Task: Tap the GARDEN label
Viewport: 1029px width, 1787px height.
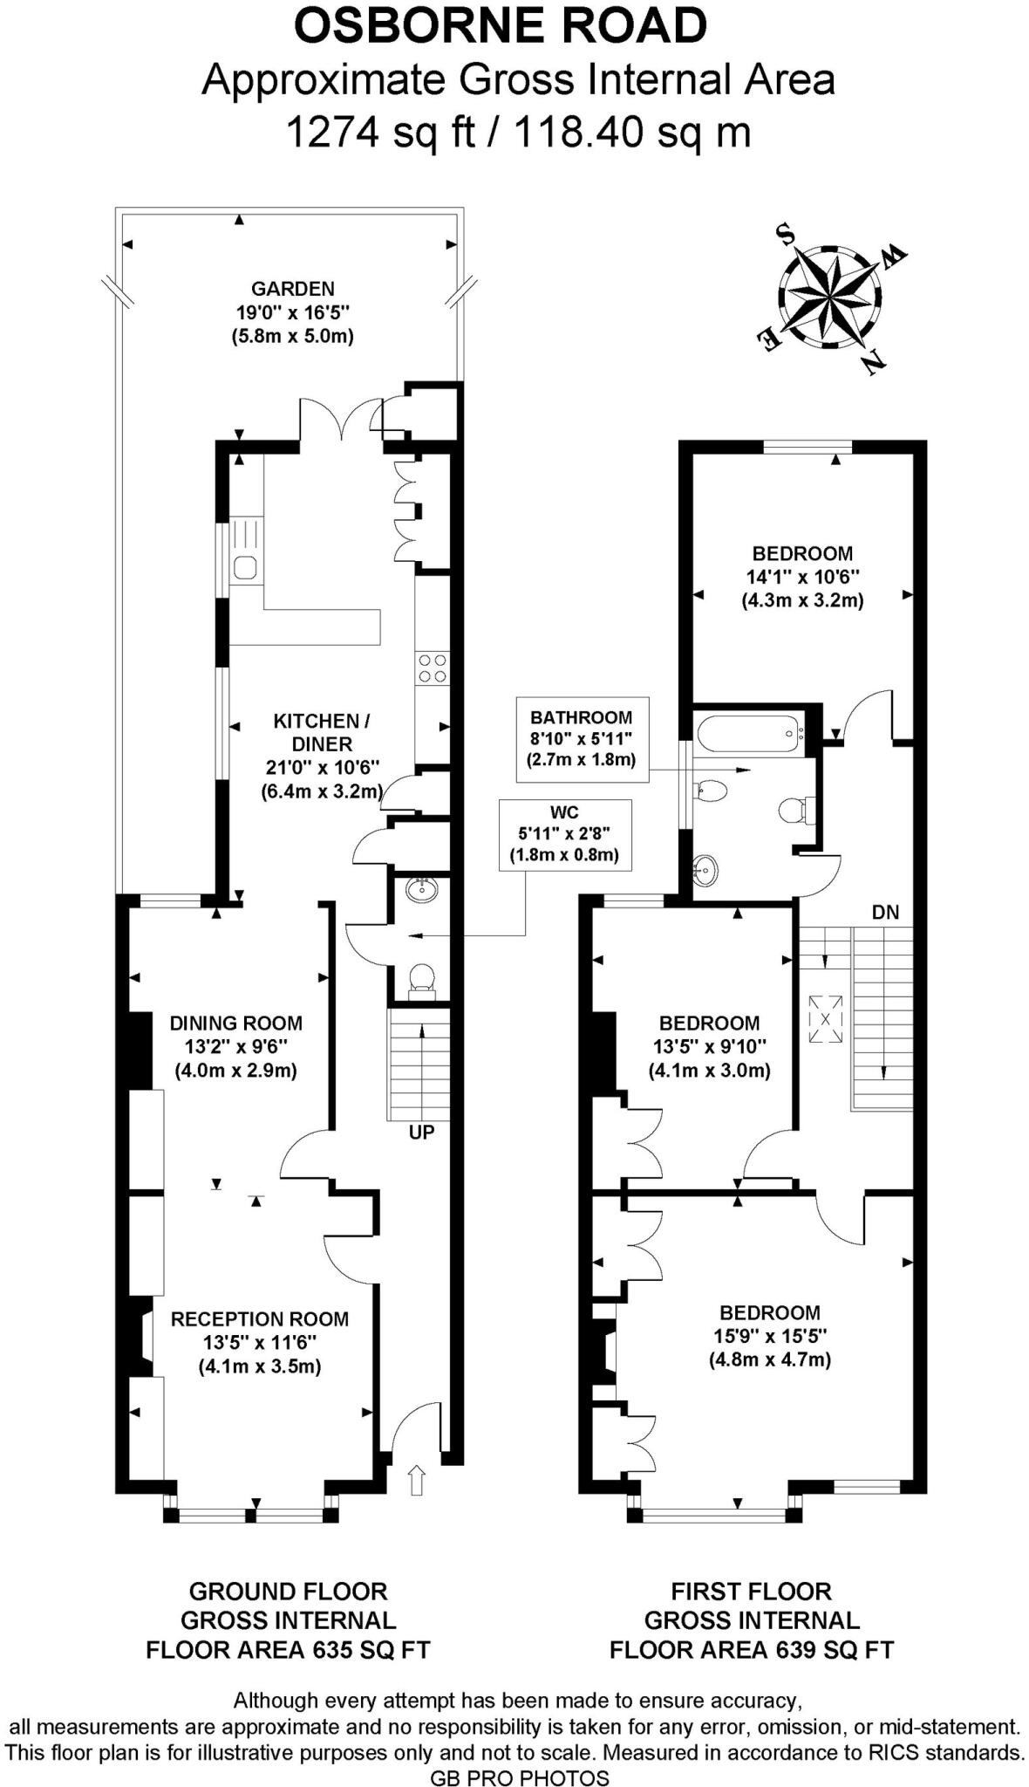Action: (293, 288)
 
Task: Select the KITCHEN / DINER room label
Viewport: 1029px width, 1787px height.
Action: (322, 732)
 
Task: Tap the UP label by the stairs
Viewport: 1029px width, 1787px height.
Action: (421, 1133)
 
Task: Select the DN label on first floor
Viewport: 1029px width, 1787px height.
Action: (885, 913)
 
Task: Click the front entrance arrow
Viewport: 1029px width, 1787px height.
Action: (417, 1480)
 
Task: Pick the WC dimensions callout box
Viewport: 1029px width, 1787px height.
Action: (564, 834)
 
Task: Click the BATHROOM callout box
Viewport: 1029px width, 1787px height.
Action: (582, 738)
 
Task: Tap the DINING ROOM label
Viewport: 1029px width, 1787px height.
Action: (236, 1023)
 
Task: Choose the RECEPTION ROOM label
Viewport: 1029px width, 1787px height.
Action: (260, 1319)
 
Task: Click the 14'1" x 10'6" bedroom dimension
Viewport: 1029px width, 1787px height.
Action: (802, 577)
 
